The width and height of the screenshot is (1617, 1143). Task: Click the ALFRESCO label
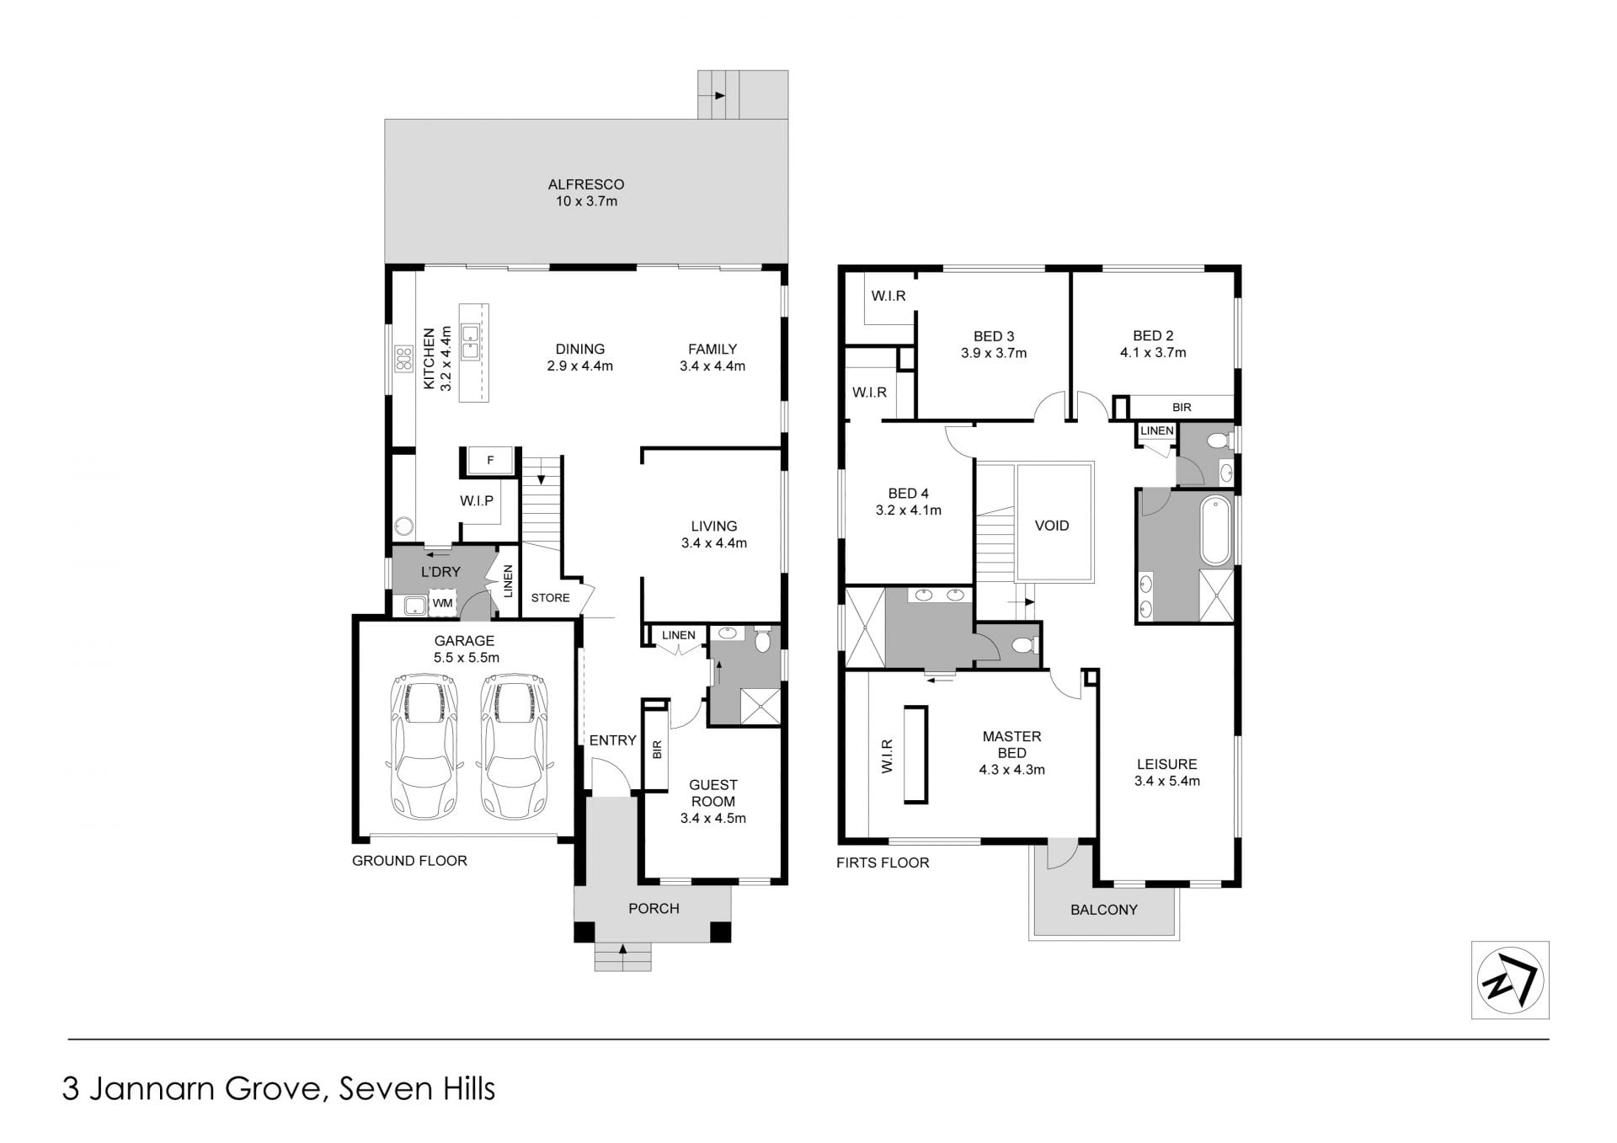[586, 184]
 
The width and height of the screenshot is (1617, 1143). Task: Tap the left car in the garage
[424, 746]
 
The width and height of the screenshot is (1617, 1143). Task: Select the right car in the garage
[514, 746]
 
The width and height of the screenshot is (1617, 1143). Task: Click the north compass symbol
[1509, 980]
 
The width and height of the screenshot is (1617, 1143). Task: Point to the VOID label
[1052, 526]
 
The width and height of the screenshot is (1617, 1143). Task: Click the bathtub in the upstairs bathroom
[1215, 531]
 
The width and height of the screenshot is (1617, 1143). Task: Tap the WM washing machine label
[442, 603]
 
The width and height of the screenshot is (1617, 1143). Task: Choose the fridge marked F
[490, 460]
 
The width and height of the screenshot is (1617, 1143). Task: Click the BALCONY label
[1103, 910]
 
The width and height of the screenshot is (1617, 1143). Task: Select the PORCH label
[654, 908]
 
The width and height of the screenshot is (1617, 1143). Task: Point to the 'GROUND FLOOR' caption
[409, 861]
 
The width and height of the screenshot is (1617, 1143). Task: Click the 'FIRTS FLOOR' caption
[883, 863]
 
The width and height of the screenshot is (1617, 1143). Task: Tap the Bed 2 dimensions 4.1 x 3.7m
[1153, 353]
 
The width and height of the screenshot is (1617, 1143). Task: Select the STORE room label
[550, 598]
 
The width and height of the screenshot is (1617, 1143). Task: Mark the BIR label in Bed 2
[1182, 408]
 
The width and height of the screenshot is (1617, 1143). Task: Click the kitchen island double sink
[470, 341]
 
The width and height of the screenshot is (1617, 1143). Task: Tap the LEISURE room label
[1166, 764]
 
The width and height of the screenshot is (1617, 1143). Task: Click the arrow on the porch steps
[622, 949]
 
